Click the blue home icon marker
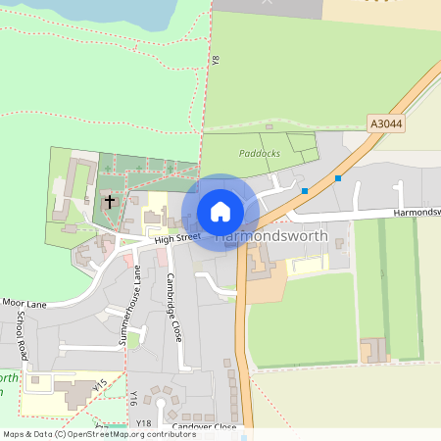point(220,211)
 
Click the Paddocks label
point(259,153)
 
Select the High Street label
point(176,237)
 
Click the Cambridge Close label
point(172,306)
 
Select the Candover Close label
point(204,427)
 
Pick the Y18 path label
point(144,423)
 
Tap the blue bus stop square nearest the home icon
point(305,190)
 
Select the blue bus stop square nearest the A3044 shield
point(338,178)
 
